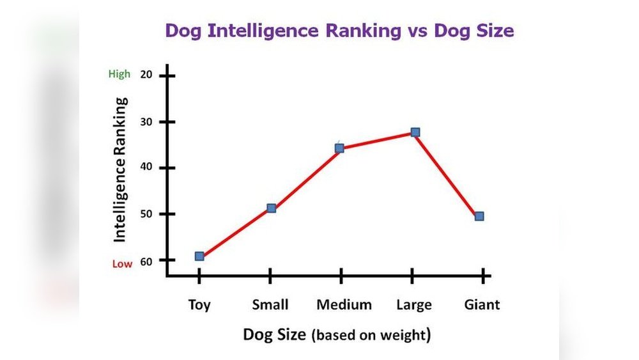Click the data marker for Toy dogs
[x=199, y=256]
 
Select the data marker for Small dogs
[x=271, y=208]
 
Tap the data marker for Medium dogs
[x=339, y=148]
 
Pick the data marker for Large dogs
[x=415, y=132]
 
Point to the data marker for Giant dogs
[x=479, y=216]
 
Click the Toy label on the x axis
[x=199, y=304]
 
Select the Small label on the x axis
[x=270, y=304]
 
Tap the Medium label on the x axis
[x=344, y=304]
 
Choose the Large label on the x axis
[x=414, y=304]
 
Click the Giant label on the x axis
[x=482, y=304]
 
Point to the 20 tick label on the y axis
[x=146, y=75]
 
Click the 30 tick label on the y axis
[x=146, y=121]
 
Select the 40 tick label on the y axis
[x=146, y=168]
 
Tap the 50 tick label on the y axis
[x=146, y=214]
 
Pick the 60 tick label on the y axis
[x=146, y=260]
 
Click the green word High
[x=119, y=74]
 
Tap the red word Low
[x=123, y=263]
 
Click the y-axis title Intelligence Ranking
[x=120, y=169]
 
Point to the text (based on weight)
[x=371, y=335]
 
